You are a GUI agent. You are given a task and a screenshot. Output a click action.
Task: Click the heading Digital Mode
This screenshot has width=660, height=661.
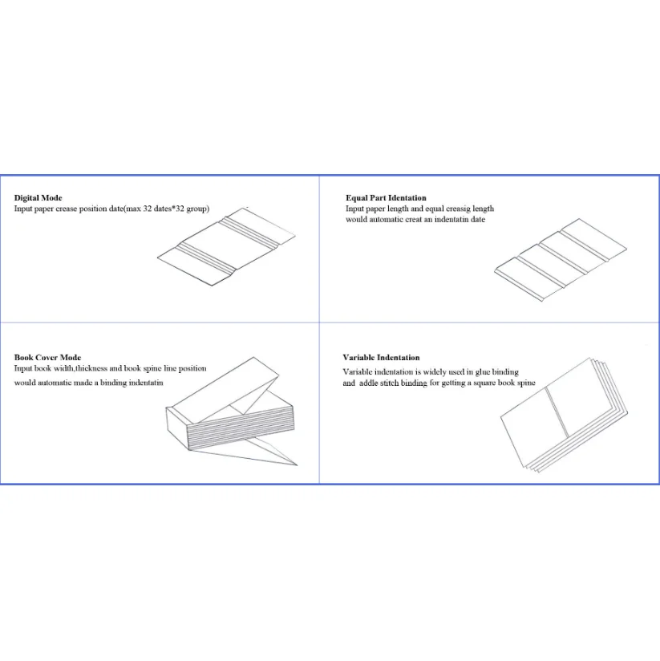[38, 197]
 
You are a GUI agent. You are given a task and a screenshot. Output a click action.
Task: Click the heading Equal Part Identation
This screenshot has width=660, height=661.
[386, 197]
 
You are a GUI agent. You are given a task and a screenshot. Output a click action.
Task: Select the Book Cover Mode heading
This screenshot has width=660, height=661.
[47, 358]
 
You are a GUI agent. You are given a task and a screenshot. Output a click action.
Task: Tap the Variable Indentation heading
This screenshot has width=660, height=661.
[381, 358]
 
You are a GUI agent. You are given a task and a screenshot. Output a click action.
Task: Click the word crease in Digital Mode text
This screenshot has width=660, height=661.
[67, 209]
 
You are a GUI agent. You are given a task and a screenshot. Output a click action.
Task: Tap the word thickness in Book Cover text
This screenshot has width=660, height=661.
[91, 368]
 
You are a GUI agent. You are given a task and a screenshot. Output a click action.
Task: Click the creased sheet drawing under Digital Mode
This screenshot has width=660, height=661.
[227, 246]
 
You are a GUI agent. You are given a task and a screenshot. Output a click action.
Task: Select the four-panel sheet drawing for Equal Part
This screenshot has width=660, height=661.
[561, 260]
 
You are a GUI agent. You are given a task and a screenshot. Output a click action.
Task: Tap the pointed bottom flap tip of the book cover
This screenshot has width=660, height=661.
[297, 465]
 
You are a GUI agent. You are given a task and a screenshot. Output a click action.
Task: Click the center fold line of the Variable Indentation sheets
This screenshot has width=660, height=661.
[557, 412]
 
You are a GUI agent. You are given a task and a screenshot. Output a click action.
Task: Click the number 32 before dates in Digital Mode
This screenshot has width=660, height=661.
[147, 209]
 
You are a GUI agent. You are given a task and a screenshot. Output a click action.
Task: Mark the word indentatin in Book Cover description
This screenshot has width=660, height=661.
[146, 383]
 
